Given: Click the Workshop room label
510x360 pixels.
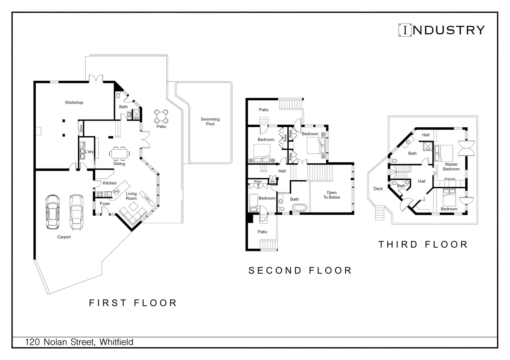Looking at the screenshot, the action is [74, 102].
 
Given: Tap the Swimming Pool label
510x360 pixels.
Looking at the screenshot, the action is [210, 121].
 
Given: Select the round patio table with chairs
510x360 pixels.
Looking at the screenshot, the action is [161, 117].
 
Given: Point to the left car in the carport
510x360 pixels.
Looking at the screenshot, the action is [52, 212].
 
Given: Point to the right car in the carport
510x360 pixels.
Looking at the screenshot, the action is [76, 212].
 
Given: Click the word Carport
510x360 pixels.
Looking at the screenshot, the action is [64, 237].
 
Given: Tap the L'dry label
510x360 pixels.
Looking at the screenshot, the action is [89, 152].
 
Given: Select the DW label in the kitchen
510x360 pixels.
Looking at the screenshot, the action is [116, 191].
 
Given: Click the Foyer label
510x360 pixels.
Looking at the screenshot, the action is [105, 204].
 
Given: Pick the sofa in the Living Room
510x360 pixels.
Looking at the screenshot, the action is [132, 211].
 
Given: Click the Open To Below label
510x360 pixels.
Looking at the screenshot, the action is [332, 195].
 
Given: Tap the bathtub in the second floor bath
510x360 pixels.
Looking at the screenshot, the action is [300, 208].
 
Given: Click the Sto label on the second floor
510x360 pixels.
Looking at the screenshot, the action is [273, 181].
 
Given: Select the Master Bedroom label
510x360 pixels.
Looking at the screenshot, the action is [451, 166].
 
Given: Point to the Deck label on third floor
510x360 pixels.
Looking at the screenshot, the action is [378, 189].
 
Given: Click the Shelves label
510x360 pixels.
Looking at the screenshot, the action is [450, 179].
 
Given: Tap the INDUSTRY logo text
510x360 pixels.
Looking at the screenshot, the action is [442, 30].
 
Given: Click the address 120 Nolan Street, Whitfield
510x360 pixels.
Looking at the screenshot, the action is [79, 342].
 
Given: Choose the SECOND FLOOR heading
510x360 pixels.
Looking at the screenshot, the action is [300, 270].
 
